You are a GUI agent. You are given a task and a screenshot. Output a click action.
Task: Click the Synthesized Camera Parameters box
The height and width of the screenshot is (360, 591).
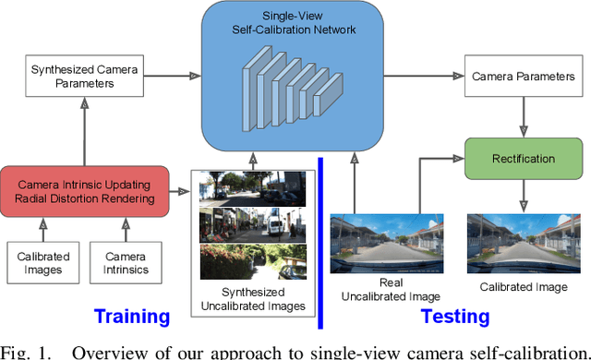coord(86,76)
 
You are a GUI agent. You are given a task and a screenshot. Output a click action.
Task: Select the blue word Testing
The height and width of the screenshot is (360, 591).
coord(454,317)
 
